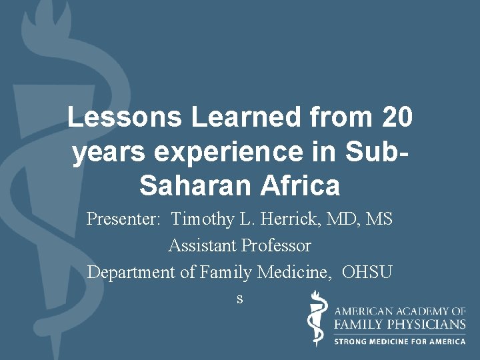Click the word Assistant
pyautogui.click(x=202, y=246)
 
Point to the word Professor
pyautogui.click(x=276, y=246)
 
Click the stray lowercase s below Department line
pyautogui.click(x=240, y=299)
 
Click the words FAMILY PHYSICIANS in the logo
pyautogui.click(x=400, y=324)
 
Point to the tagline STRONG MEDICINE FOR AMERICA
pyautogui.click(x=400, y=341)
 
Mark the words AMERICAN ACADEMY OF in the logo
pyautogui.click(x=400, y=311)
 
